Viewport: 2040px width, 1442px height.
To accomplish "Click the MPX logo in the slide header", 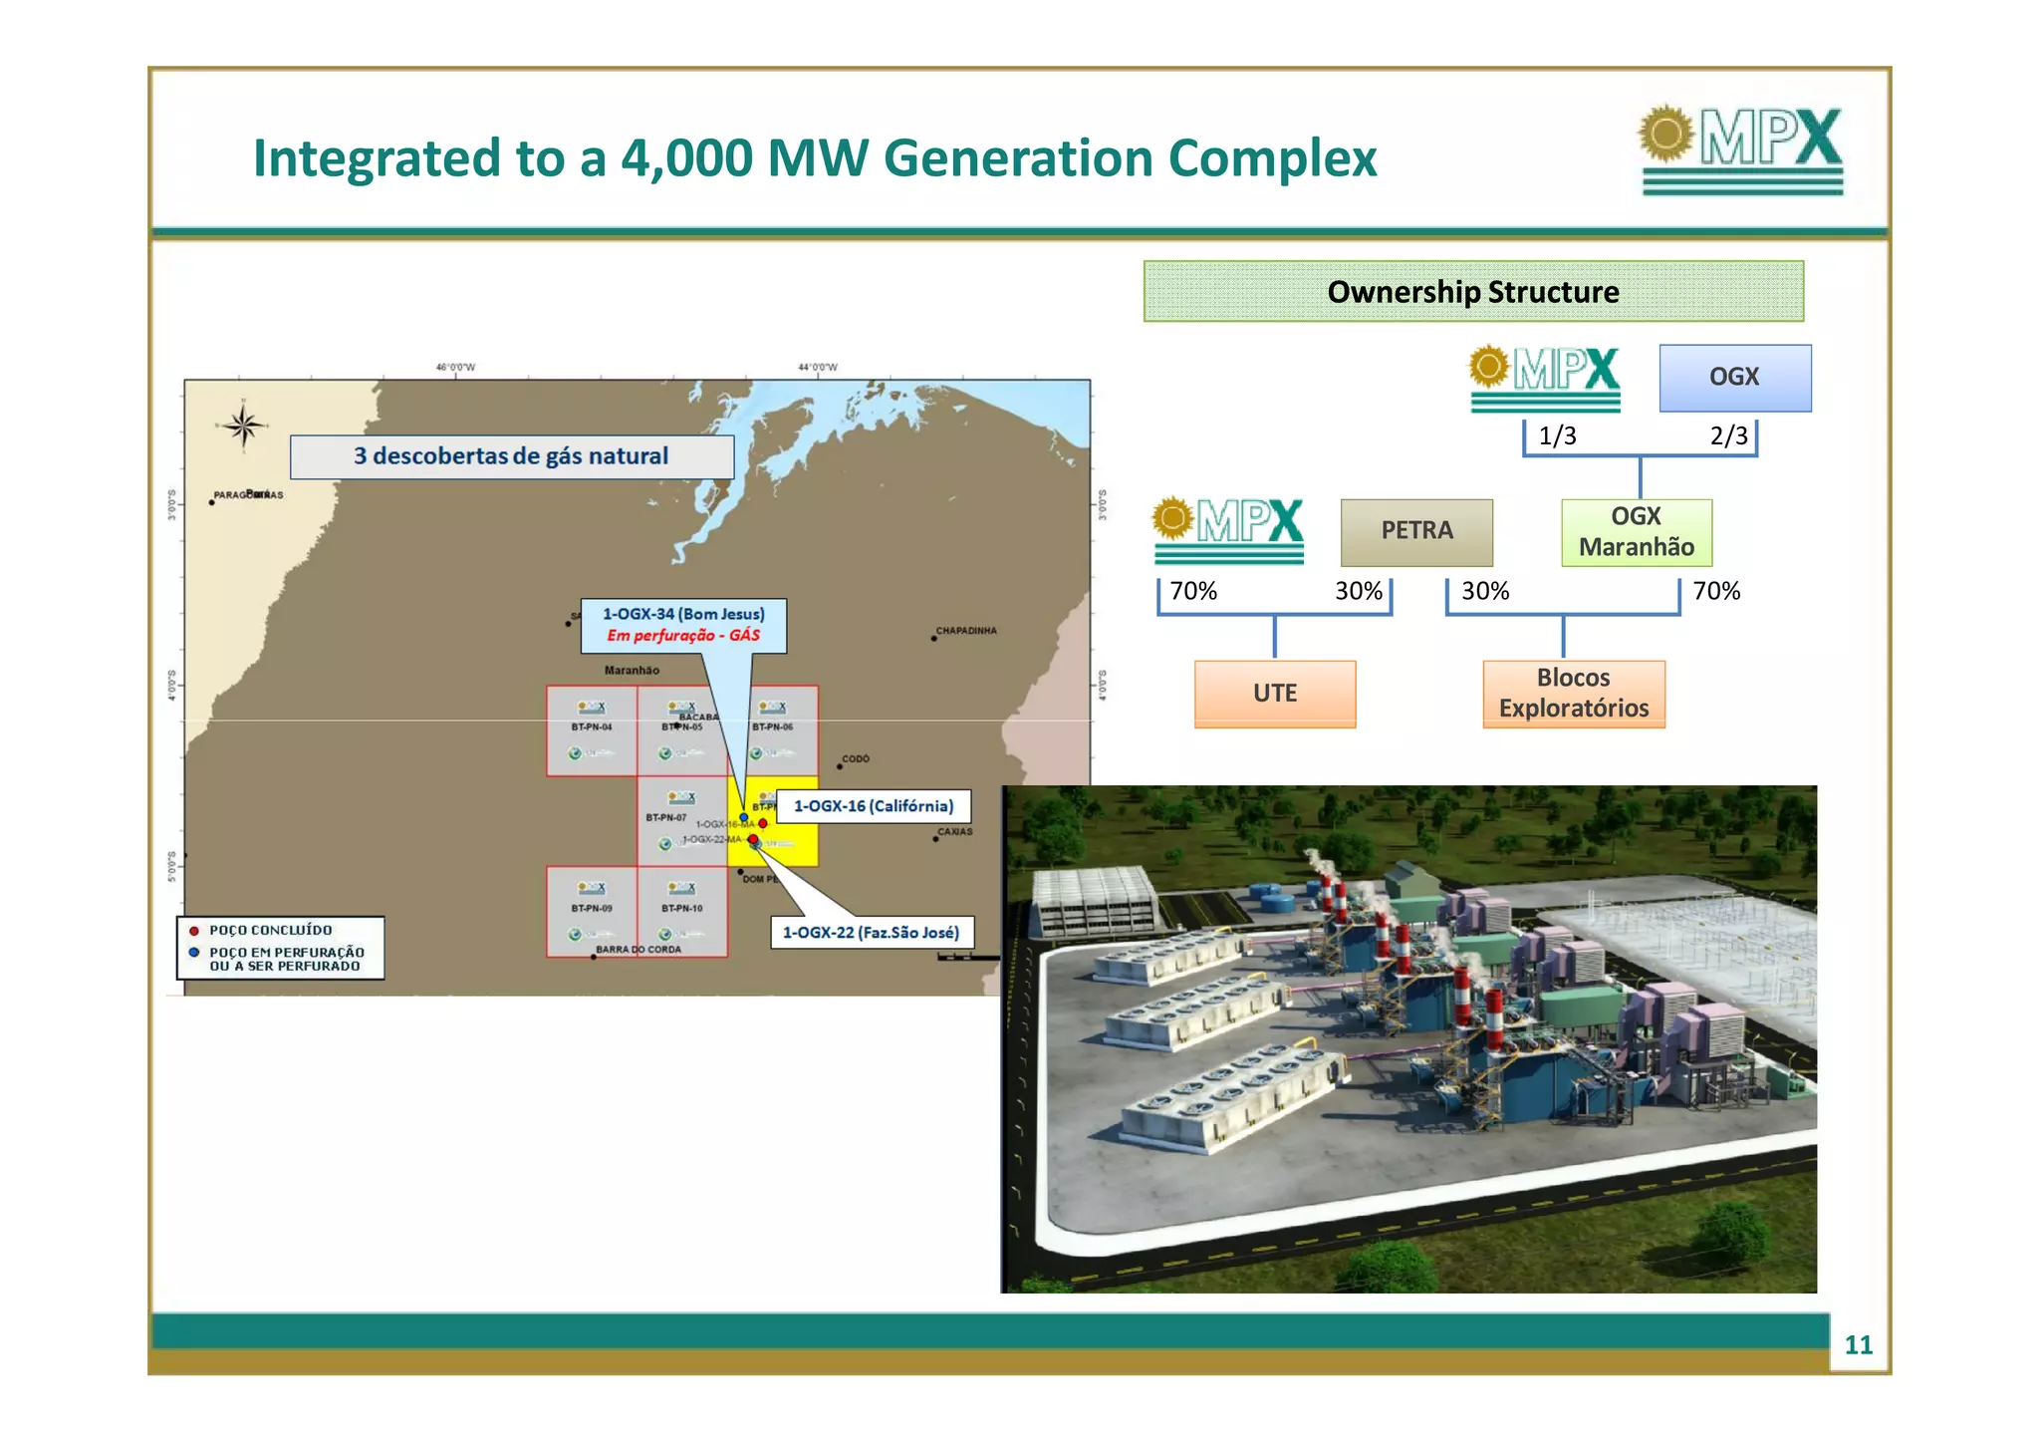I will (1741, 149).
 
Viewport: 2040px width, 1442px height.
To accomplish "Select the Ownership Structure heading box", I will (1472, 291).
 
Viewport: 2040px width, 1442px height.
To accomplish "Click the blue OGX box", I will (1734, 377).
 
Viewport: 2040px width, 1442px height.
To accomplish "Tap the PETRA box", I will (1415, 531).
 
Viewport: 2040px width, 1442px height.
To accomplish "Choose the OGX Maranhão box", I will (1636, 532).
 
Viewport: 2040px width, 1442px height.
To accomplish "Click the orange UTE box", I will (1274, 693).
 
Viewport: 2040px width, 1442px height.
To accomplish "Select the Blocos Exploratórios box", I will (1573, 693).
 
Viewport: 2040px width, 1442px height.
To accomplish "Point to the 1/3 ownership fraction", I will (1557, 435).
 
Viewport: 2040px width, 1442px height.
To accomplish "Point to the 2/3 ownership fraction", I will (1728, 435).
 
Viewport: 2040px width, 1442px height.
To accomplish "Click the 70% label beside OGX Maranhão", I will (1715, 591).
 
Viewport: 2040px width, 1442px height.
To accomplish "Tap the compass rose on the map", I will (242, 426).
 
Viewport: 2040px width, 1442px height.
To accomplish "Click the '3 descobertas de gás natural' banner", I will (511, 456).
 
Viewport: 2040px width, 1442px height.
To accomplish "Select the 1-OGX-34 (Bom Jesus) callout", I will (683, 625).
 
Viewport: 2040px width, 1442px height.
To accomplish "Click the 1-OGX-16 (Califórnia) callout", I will (873, 806).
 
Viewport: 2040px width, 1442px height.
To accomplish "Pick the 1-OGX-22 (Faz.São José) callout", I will (871, 933).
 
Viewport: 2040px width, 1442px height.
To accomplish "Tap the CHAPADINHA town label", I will (965, 631).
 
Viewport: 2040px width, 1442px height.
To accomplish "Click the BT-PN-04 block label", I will (591, 727).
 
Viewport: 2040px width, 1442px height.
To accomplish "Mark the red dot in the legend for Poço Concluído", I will (194, 931).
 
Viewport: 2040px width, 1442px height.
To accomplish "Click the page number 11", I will (1858, 1344).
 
